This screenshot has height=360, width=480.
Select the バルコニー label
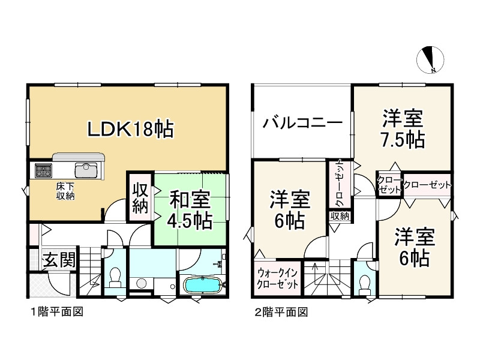pos(302,125)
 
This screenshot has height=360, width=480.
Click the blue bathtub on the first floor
pos(202,284)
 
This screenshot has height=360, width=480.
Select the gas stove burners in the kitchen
pos(44,171)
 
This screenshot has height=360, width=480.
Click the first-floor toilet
pos(115,278)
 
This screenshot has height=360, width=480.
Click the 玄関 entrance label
pos(59,261)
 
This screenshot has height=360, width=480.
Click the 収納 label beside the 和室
pos(140,197)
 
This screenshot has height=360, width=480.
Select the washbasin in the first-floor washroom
pos(142,282)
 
